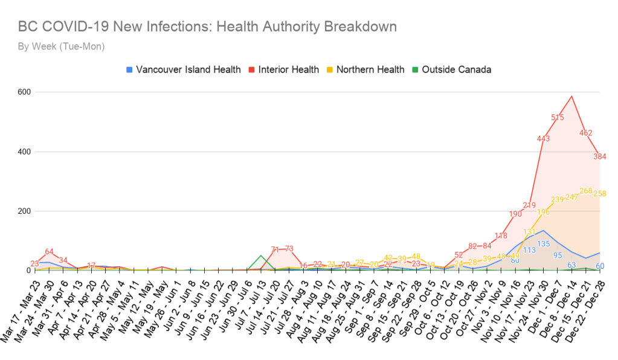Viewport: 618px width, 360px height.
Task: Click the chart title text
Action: tap(207, 27)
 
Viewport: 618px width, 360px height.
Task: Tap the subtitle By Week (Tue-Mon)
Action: tap(61, 47)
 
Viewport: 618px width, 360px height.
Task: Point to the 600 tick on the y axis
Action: tap(24, 92)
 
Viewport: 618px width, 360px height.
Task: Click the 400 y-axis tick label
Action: tap(24, 152)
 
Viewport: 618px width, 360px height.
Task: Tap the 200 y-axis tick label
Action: tap(24, 211)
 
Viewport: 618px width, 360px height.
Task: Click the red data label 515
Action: tap(558, 118)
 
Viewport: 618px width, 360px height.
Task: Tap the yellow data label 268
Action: tap(586, 191)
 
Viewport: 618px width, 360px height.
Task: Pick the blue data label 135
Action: tap(544, 244)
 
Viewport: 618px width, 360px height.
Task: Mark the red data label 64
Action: tap(50, 252)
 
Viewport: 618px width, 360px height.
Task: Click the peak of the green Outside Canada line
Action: tap(261, 256)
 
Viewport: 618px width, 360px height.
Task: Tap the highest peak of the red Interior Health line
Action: tap(571, 96)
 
